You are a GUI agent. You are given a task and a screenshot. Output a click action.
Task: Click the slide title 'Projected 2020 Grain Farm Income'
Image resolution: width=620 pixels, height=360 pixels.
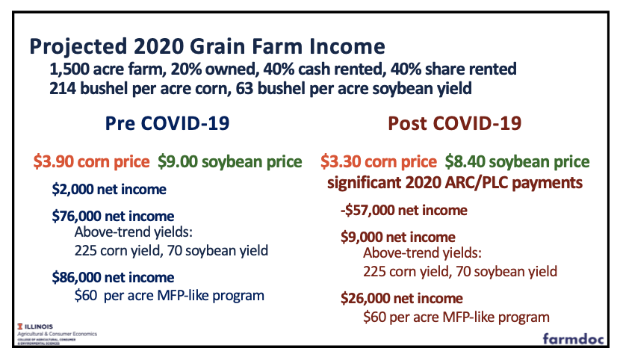(207, 47)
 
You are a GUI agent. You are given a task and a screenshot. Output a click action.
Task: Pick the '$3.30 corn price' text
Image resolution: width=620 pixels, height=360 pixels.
(378, 161)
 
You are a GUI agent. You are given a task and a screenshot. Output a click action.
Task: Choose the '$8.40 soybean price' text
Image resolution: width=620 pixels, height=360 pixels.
(517, 161)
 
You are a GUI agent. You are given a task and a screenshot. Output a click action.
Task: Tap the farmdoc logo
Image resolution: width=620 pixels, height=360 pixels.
(573, 337)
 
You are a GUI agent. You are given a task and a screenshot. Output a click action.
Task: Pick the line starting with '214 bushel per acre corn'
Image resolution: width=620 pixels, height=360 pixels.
(261, 89)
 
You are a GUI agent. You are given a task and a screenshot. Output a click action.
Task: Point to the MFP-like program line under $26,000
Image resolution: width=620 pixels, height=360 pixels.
(450, 316)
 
